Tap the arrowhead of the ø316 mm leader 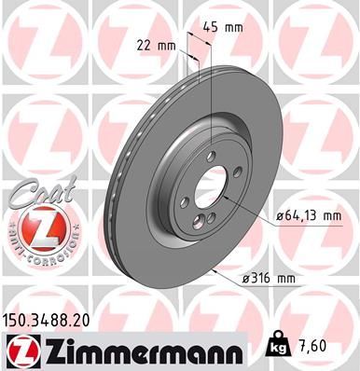coord(214,268)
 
